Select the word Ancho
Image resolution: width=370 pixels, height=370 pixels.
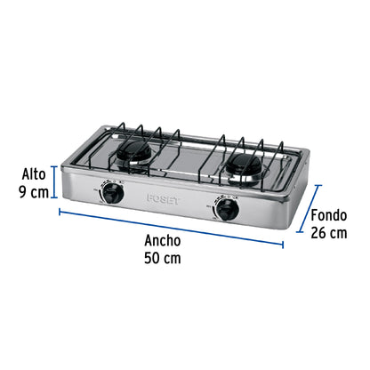pos(162,241)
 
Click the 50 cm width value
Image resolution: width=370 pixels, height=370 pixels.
pos(162,258)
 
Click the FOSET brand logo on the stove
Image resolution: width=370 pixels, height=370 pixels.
pos(164,200)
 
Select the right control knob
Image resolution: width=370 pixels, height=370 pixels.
pos(227,211)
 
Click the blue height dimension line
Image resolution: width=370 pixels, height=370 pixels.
pos(56,183)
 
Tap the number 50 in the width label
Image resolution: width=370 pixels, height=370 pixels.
pos(151,258)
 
